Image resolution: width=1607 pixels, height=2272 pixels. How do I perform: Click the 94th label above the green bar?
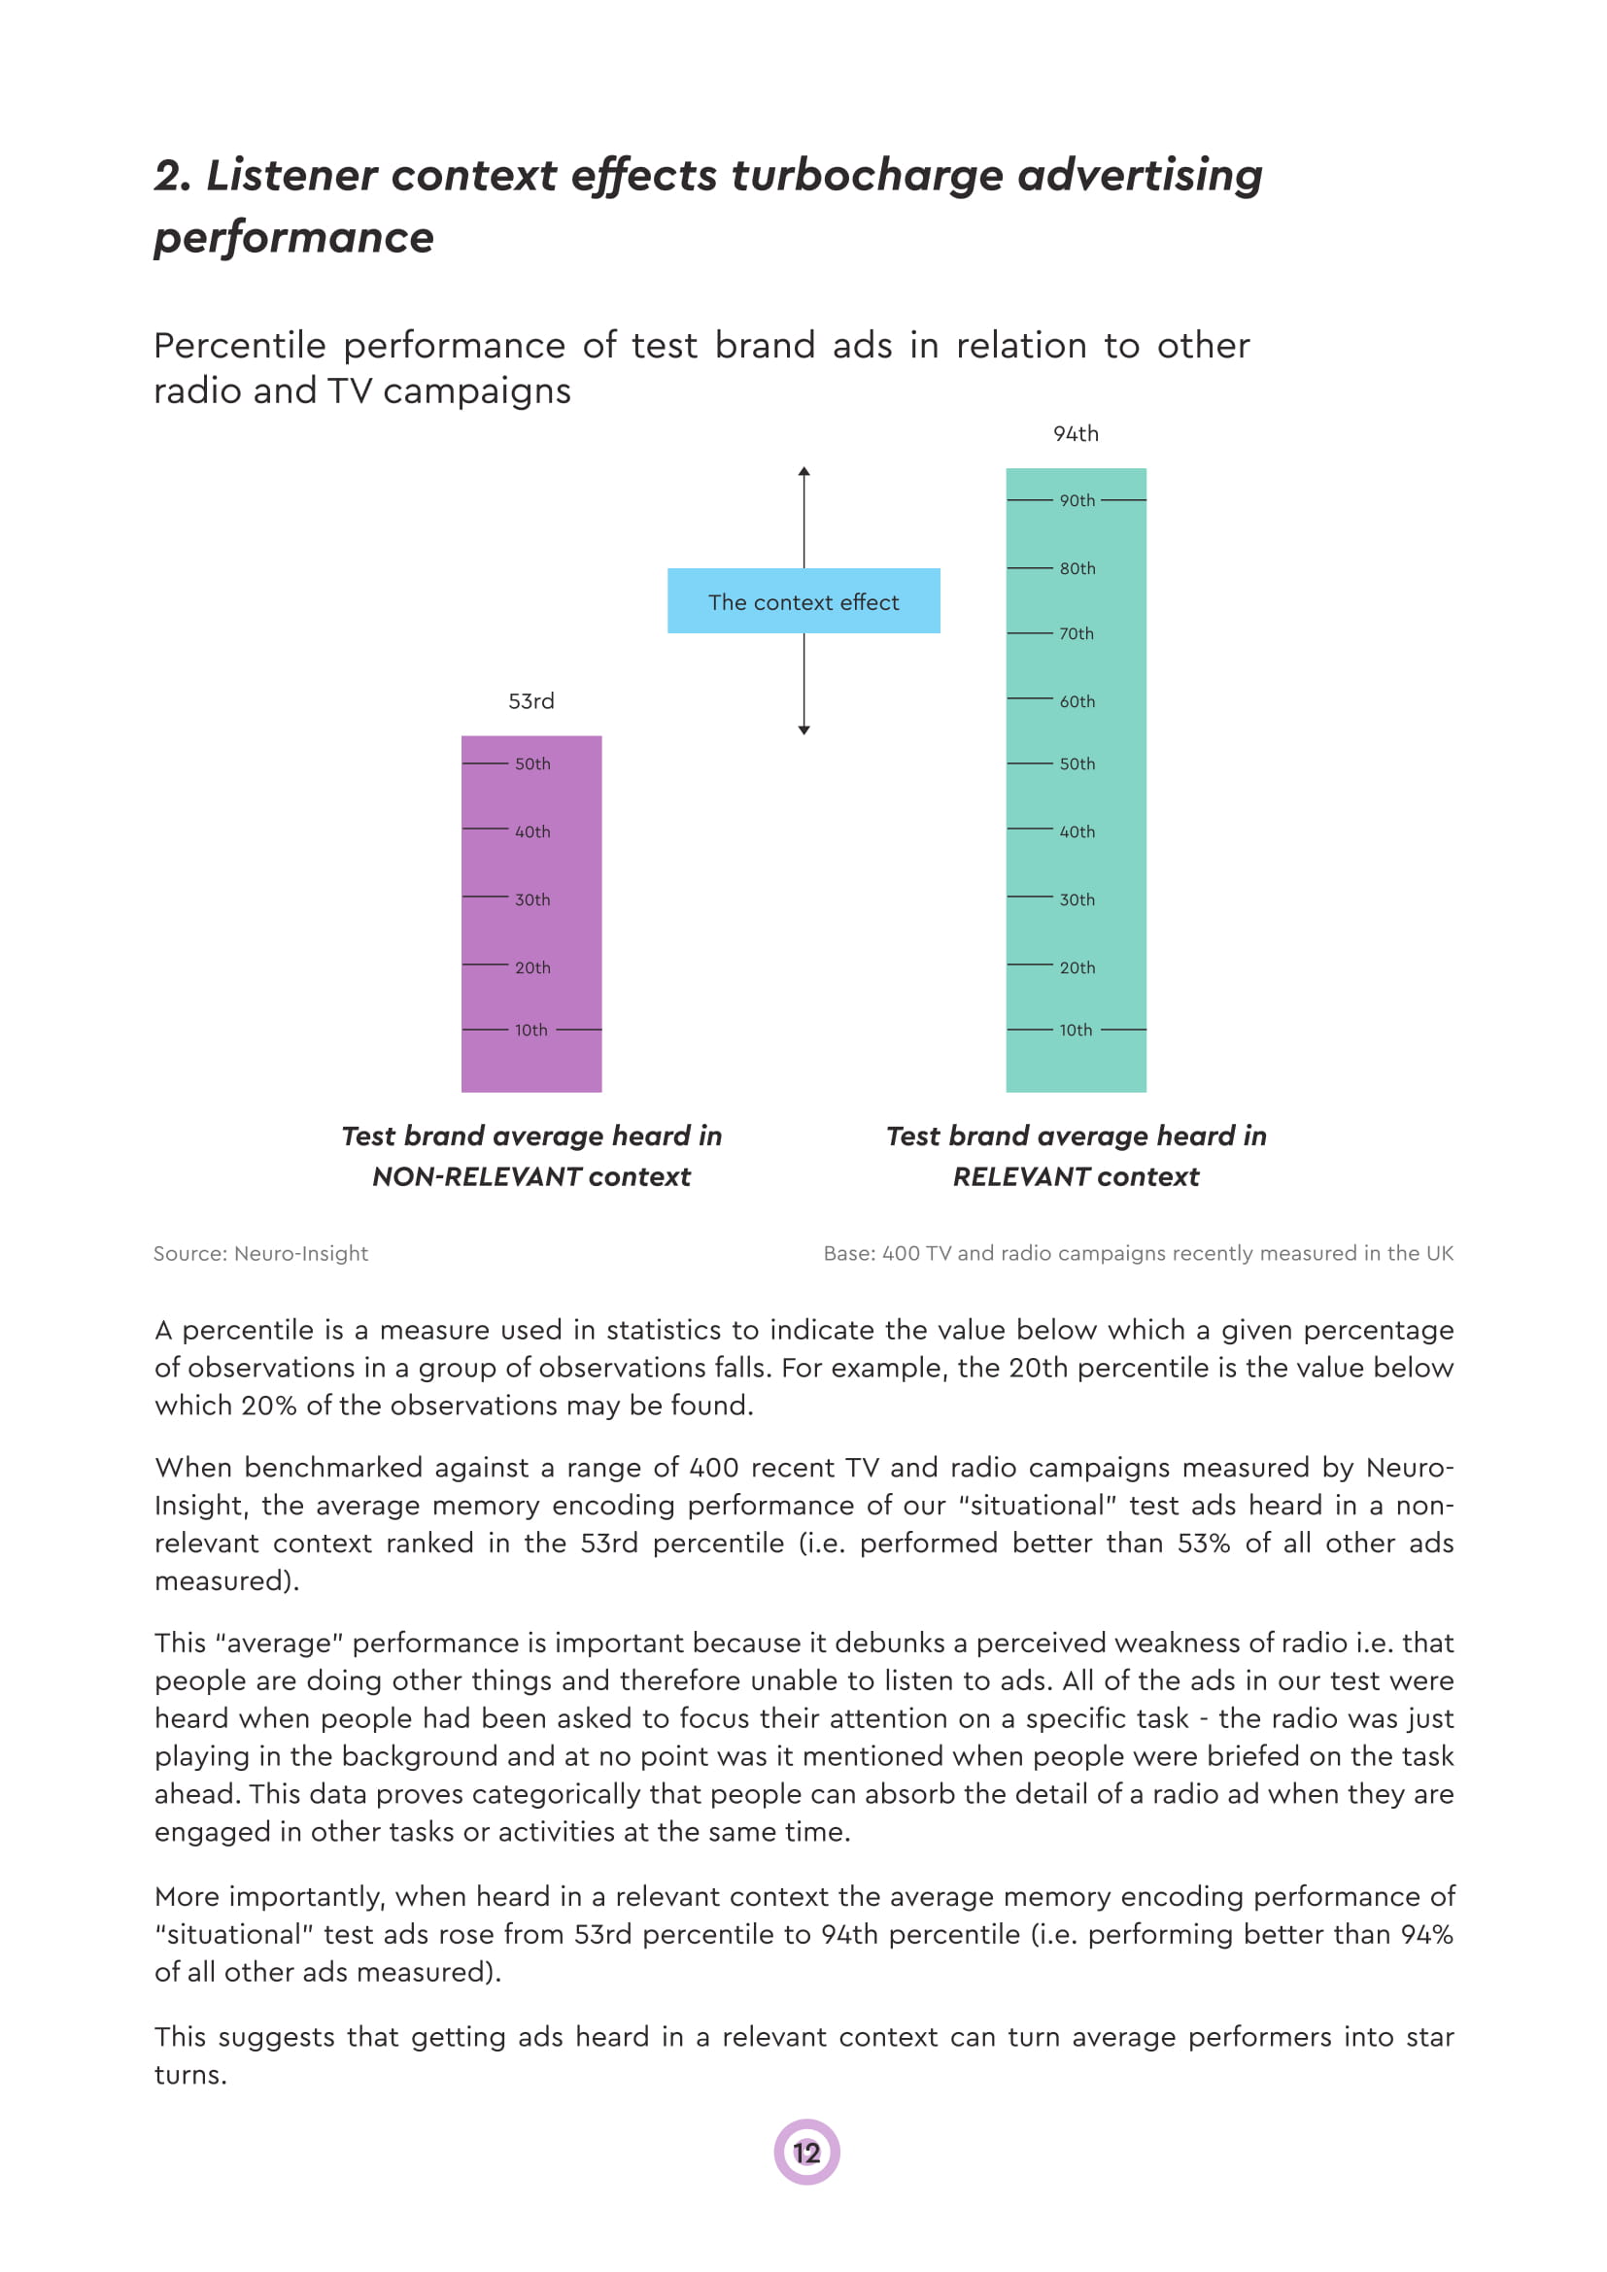[1076, 433]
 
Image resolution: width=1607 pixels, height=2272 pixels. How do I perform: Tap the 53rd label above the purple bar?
[531, 701]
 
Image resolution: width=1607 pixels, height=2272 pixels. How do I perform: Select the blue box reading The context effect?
[803, 600]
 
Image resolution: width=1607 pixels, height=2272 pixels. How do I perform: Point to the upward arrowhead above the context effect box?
[804, 472]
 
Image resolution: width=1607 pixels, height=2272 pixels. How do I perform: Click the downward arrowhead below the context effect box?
[804, 729]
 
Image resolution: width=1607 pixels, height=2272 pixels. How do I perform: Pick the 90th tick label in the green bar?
[1077, 500]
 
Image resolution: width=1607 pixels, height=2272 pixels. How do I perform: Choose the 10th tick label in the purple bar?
[531, 1030]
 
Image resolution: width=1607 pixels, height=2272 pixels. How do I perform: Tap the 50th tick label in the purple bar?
[532, 763]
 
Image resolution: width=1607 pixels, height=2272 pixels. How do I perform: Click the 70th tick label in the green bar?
[1077, 633]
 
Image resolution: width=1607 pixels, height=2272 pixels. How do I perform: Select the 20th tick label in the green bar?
[1077, 967]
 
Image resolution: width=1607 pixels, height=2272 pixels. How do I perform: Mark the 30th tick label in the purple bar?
[532, 899]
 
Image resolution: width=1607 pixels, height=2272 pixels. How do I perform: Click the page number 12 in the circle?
[806, 2153]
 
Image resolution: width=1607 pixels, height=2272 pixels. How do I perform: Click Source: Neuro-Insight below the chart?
[260, 1253]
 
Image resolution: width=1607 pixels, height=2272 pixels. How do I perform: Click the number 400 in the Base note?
[901, 1253]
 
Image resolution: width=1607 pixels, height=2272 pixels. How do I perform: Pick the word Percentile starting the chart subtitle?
[239, 346]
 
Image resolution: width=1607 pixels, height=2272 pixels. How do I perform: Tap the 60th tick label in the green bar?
[1077, 701]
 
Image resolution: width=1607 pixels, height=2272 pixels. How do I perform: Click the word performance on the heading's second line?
[293, 237]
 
